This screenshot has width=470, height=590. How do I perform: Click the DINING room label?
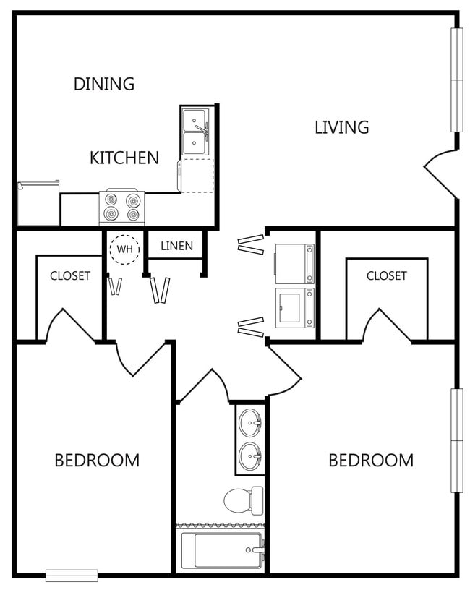pyautogui.click(x=104, y=84)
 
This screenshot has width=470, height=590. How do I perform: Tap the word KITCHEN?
pyautogui.click(x=124, y=158)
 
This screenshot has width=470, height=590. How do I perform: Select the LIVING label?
pyautogui.click(x=341, y=127)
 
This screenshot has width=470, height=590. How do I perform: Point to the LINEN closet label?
pyautogui.click(x=176, y=246)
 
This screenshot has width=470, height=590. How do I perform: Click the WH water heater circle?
pyautogui.click(x=125, y=249)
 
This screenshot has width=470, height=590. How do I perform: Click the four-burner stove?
pyautogui.click(x=122, y=208)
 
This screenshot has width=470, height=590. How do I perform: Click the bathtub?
pyautogui.click(x=221, y=551)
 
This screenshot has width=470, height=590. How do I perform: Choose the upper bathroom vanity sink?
pyautogui.click(x=250, y=419)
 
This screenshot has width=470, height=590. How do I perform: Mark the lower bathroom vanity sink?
pyautogui.click(x=250, y=456)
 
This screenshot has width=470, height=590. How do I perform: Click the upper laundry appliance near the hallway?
pyautogui.click(x=295, y=263)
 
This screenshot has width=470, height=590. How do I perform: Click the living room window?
pyautogui.click(x=456, y=80)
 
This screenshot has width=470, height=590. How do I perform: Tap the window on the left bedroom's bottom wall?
pyautogui.click(x=72, y=576)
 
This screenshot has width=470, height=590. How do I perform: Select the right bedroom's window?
pyautogui.click(x=456, y=440)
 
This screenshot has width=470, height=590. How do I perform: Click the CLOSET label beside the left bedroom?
pyautogui.click(x=70, y=275)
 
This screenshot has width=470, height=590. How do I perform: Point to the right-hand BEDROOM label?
pyautogui.click(x=371, y=460)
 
